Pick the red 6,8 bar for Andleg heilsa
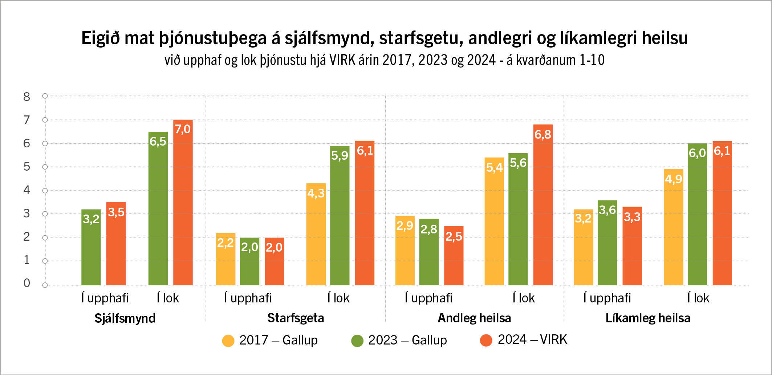543,205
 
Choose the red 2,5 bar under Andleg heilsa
454,256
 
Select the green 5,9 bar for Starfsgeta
340,216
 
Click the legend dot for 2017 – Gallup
228,341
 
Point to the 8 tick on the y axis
27,97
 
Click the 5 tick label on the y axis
27,167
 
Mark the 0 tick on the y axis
27,283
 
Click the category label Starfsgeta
296,318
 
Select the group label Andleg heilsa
474,318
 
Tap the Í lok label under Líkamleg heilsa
698,298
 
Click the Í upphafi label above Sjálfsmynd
105,298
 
